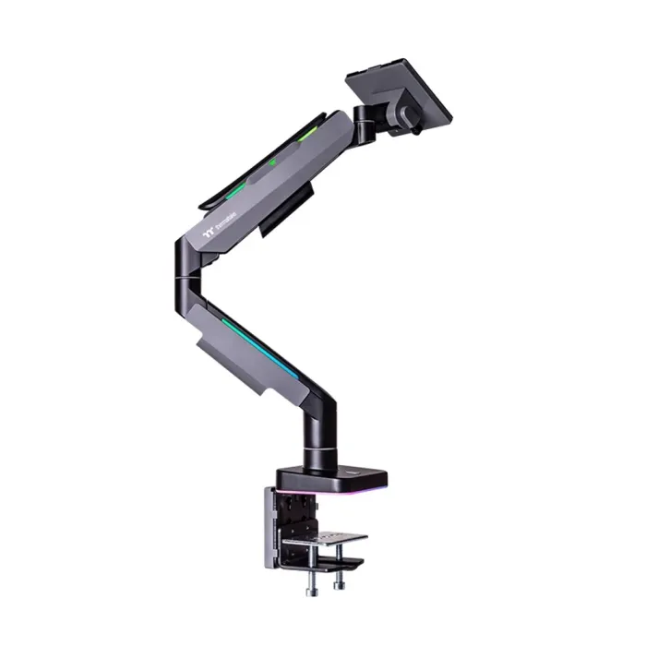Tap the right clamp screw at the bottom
(x=339, y=579)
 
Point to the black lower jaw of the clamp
(x=323, y=558)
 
